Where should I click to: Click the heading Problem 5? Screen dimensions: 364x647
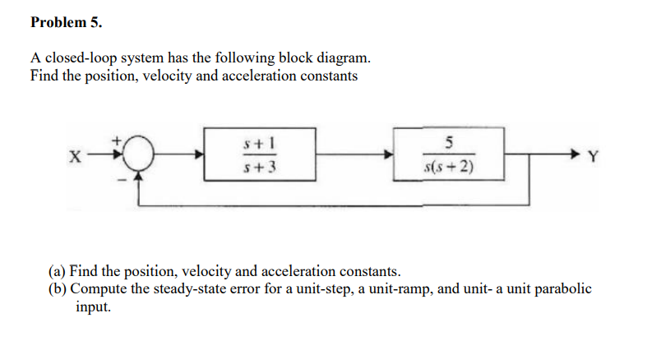point(66,23)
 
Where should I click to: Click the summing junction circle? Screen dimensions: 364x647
point(143,154)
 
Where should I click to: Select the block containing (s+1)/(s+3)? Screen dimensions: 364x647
point(259,154)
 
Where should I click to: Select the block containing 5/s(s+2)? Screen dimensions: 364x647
point(448,154)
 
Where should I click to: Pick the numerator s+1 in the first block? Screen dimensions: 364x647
point(259,141)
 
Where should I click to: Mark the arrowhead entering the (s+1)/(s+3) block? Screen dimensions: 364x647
point(199,154)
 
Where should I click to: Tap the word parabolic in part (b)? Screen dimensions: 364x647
point(563,288)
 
